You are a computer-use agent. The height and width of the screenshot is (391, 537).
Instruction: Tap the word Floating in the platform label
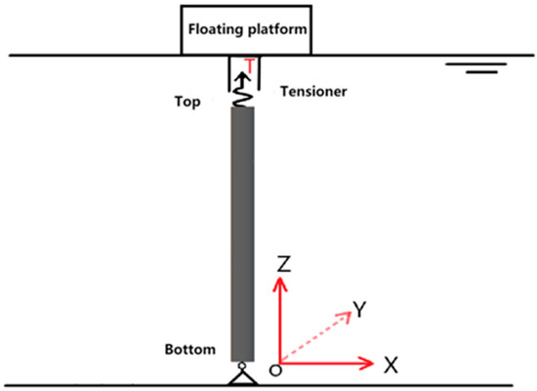tap(217, 29)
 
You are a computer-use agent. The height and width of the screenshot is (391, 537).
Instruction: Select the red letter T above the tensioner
tap(251, 66)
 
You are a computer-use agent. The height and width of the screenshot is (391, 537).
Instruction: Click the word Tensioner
tap(313, 91)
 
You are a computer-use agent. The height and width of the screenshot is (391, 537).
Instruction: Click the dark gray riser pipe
tap(241, 235)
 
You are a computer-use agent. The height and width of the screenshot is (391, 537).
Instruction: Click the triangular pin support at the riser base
tap(241, 377)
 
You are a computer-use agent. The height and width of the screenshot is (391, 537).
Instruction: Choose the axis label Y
tap(358, 310)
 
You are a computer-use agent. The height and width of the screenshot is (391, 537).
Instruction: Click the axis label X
tap(391, 365)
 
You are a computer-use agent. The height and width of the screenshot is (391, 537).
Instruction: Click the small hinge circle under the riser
tap(241, 365)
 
